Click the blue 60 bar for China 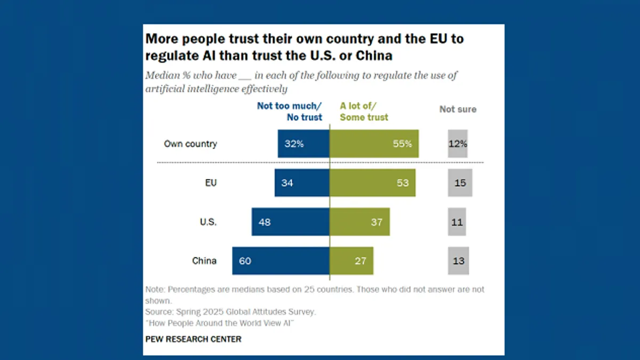281,261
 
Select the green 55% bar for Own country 374,143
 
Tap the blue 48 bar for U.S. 291,222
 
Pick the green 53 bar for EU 372,183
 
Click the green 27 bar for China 351,261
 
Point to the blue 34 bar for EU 302,183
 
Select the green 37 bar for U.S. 359,222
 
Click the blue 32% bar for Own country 303,143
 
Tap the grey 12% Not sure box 458,143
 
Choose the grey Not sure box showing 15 460,183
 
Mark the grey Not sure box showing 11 457,222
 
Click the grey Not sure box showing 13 458,261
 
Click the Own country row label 190,144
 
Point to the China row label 204,261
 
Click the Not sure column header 458,109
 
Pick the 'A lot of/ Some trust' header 364,111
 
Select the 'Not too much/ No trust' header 290,111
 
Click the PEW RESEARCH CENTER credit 193,339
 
